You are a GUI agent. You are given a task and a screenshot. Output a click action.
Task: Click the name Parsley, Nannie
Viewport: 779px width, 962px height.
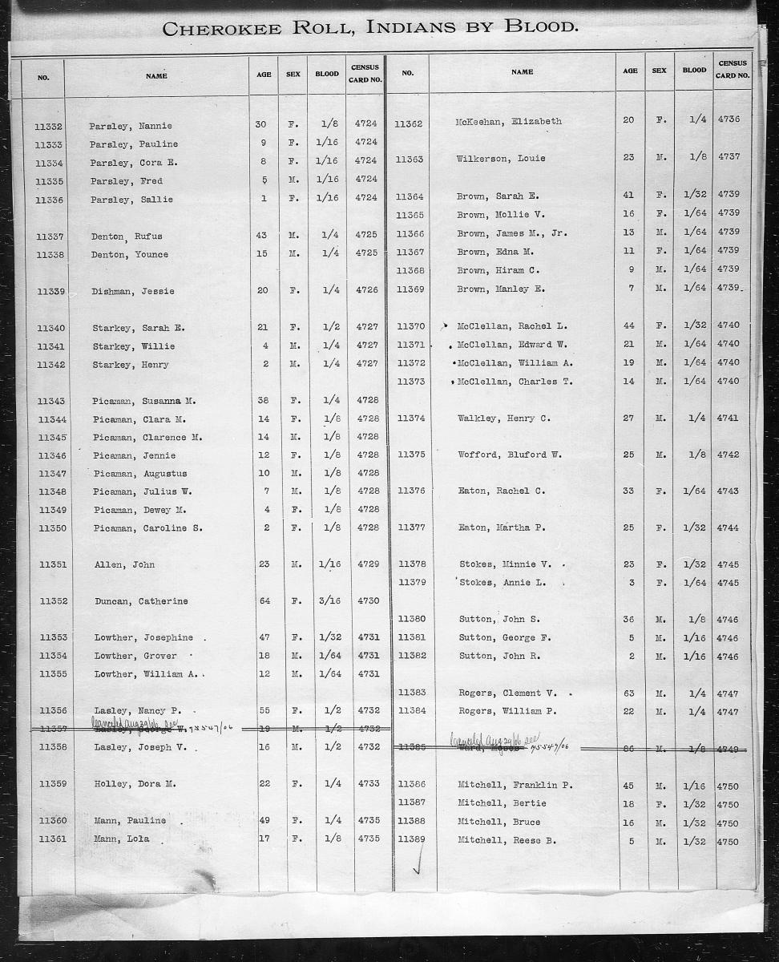131,126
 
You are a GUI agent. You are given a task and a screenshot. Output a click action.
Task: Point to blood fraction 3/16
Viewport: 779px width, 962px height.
329,601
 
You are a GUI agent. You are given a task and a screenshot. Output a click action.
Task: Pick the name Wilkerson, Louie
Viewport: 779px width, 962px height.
500,158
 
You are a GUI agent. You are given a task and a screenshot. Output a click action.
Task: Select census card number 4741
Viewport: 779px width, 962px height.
728,418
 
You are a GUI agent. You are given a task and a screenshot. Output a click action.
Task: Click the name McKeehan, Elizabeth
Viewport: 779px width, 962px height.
508,121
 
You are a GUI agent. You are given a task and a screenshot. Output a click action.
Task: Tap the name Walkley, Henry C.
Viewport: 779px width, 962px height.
503,418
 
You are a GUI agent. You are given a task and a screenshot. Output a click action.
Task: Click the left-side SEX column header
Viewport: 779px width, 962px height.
293,75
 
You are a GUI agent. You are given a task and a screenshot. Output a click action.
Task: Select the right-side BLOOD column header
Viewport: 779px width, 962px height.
694,71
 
